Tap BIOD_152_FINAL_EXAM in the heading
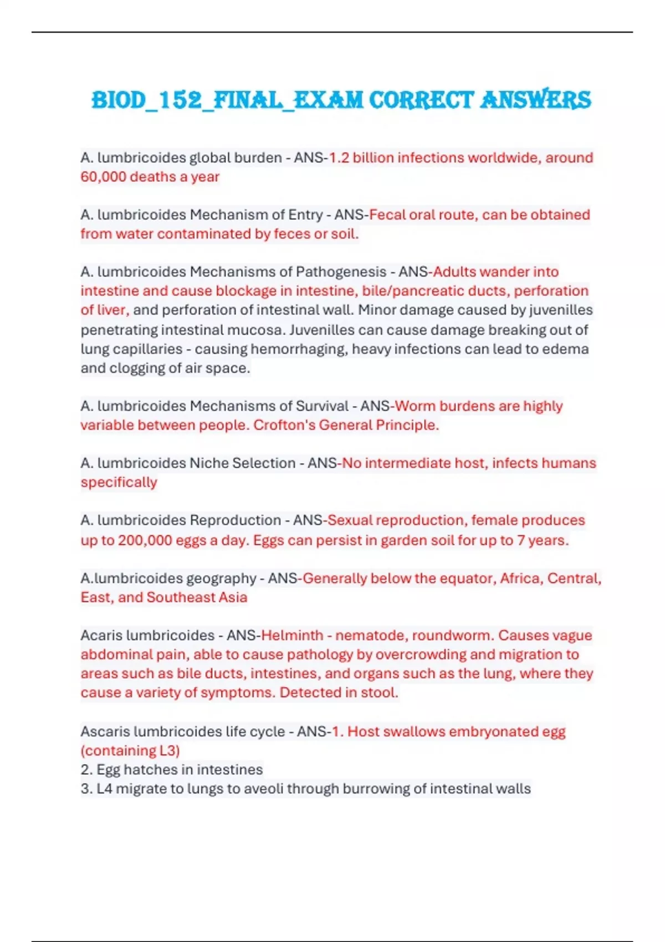coord(227,100)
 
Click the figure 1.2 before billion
coord(339,158)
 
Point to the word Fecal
coord(387,215)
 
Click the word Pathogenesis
coord(341,272)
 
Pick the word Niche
coord(209,463)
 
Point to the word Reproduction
coord(236,520)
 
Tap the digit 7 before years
coord(521,540)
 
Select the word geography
coord(221,578)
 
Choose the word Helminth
coord(292,636)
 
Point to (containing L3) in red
coord(130,751)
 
